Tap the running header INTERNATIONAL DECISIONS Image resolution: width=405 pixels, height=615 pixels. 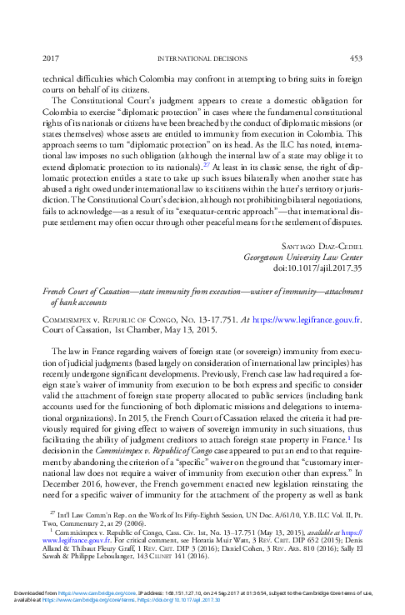tap(202, 57)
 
